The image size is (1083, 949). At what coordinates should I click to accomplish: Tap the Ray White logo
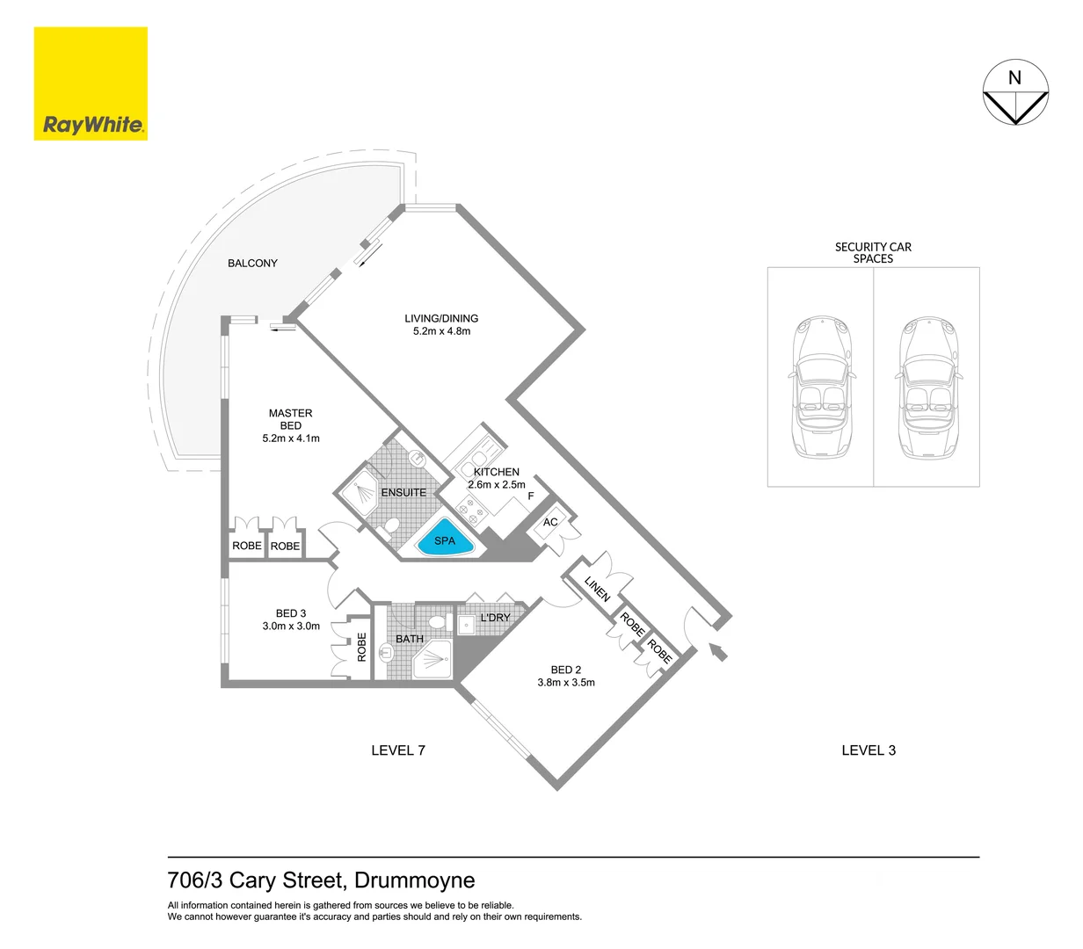coord(91,83)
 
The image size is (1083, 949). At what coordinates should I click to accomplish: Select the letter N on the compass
coord(1014,78)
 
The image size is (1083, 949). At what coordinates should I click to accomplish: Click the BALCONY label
coord(252,263)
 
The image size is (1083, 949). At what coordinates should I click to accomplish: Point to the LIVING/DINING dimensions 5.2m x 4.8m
coord(441,330)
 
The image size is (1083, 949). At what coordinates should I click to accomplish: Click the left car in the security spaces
coord(822,387)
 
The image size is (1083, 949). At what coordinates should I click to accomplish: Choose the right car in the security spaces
coord(928,387)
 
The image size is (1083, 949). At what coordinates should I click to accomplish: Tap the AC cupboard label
coord(550,522)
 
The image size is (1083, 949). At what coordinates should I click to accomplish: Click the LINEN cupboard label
coord(597,589)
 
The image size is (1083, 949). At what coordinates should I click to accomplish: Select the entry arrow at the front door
coord(717,652)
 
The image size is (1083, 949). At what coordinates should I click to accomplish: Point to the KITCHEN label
coord(496,472)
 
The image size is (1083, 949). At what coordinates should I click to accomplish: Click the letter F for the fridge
coord(531,496)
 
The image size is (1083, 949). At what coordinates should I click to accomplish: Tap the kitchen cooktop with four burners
coord(471,510)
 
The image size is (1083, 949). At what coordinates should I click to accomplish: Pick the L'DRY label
coord(496,617)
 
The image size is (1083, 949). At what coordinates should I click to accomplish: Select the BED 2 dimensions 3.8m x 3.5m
coord(566,683)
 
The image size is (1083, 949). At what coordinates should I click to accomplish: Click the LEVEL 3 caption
coord(869,750)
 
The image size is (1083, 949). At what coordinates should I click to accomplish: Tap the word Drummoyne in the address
coord(414,880)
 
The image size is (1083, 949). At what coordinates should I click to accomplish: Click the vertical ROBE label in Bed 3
coord(361,647)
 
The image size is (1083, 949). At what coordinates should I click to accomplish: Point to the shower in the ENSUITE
coord(360,492)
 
